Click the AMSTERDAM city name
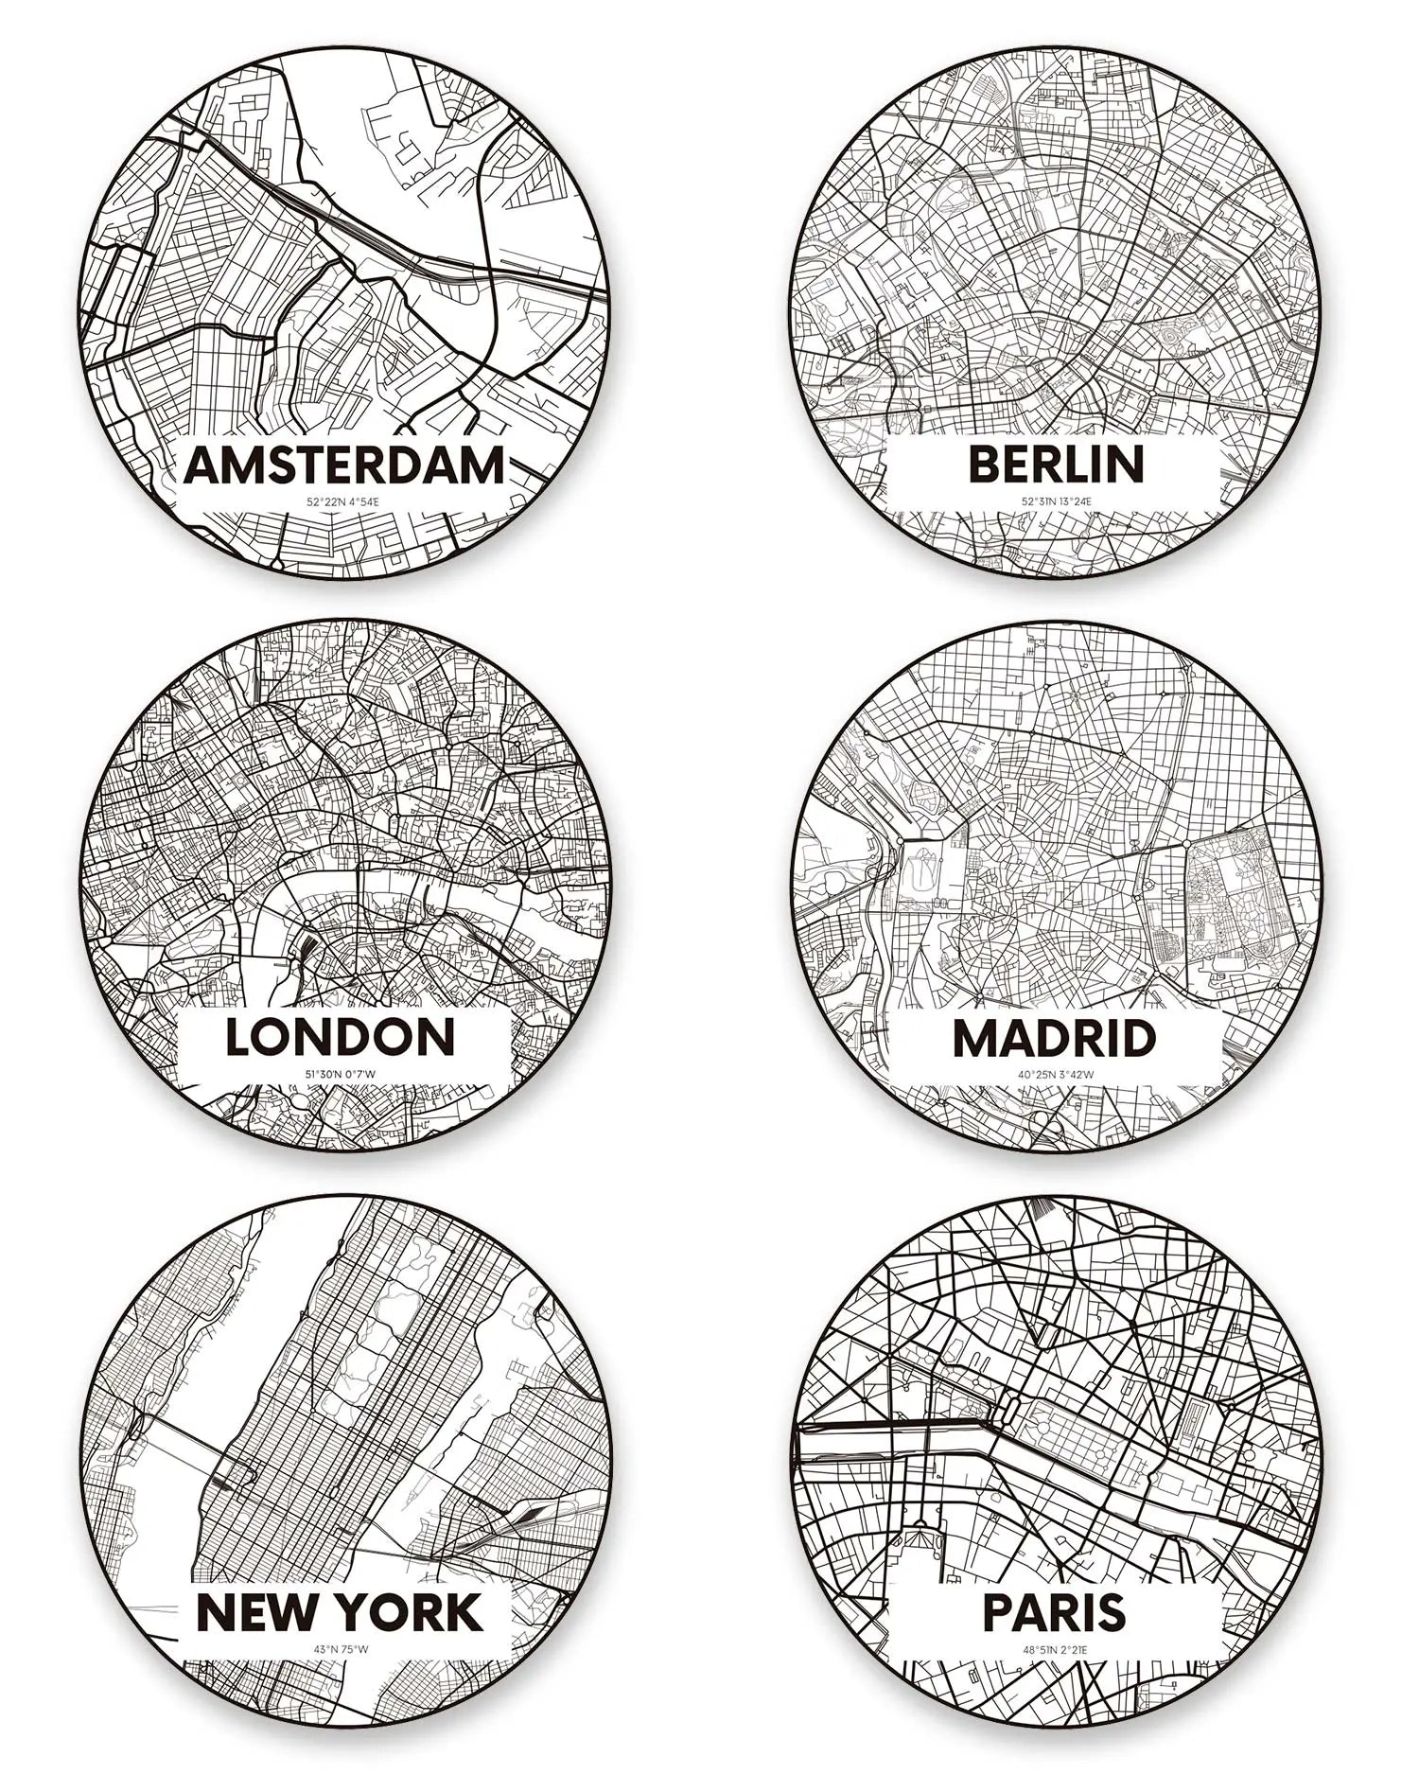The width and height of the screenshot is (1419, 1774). click(343, 465)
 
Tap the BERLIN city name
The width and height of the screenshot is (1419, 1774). click(1056, 464)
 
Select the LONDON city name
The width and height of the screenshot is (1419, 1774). click(341, 1037)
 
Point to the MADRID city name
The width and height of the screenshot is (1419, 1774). click(1054, 1039)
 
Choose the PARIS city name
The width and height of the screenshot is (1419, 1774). click(1054, 1612)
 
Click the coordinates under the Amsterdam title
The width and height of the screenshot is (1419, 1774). click(342, 501)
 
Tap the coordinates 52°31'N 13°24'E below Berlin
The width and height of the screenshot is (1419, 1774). click(1056, 501)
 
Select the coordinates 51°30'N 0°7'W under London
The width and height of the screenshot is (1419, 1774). click(341, 1074)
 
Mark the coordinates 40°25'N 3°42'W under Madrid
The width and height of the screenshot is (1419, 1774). click(1056, 1074)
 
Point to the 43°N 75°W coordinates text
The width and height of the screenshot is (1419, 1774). click(341, 1649)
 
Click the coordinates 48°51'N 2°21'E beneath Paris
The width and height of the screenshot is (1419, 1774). click(1054, 1649)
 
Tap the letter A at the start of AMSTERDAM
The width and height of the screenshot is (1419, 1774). click(202, 465)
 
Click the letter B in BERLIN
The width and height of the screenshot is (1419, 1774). click(985, 464)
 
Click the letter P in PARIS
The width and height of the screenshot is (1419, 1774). click(999, 1612)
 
